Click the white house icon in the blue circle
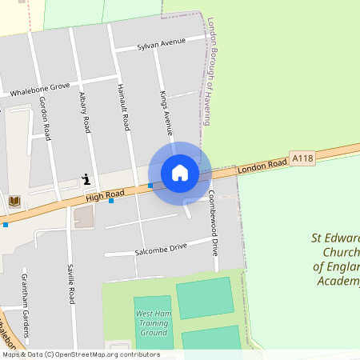point(180,172)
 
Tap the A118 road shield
point(302,158)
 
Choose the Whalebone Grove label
point(40,89)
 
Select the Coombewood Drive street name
point(214,223)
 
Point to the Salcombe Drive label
point(161,249)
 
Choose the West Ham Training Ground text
point(152,322)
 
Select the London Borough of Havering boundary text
point(210,71)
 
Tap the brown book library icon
point(14,200)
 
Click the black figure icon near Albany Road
point(86,178)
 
